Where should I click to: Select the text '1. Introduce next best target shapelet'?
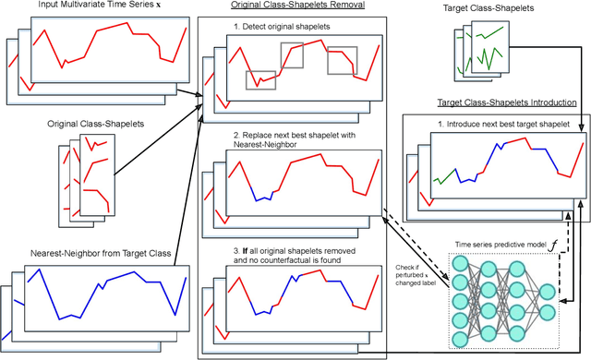pyautogui.click(x=502, y=124)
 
